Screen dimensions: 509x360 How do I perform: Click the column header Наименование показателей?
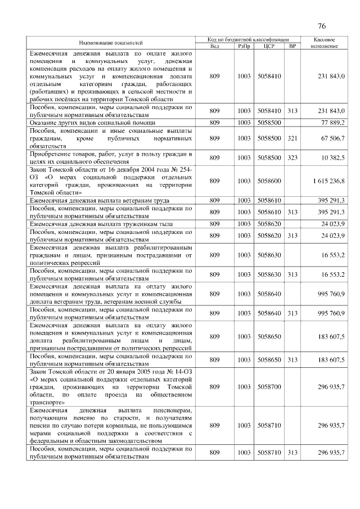[x=111, y=42]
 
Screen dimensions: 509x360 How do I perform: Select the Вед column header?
[x=214, y=46]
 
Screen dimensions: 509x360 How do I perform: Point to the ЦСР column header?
[x=268, y=46]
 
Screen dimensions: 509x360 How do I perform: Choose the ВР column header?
[x=292, y=46]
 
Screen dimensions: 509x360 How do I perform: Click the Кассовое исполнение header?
[x=324, y=42]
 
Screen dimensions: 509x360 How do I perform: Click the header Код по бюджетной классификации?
[x=246, y=39]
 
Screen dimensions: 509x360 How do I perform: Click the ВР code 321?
[x=292, y=138]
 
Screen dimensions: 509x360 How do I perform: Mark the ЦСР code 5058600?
[x=268, y=181]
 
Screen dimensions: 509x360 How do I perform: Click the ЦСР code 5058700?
[x=268, y=388]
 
